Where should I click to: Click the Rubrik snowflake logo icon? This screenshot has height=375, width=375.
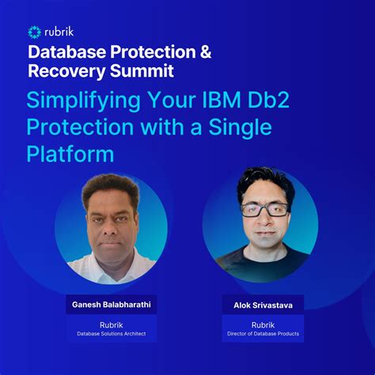tap(34, 32)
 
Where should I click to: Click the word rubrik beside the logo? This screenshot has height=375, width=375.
tap(62, 32)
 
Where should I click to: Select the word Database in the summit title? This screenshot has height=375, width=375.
tap(65, 52)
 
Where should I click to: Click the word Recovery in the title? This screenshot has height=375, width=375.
tap(66, 72)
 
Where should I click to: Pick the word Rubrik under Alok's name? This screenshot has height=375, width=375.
tap(262, 324)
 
